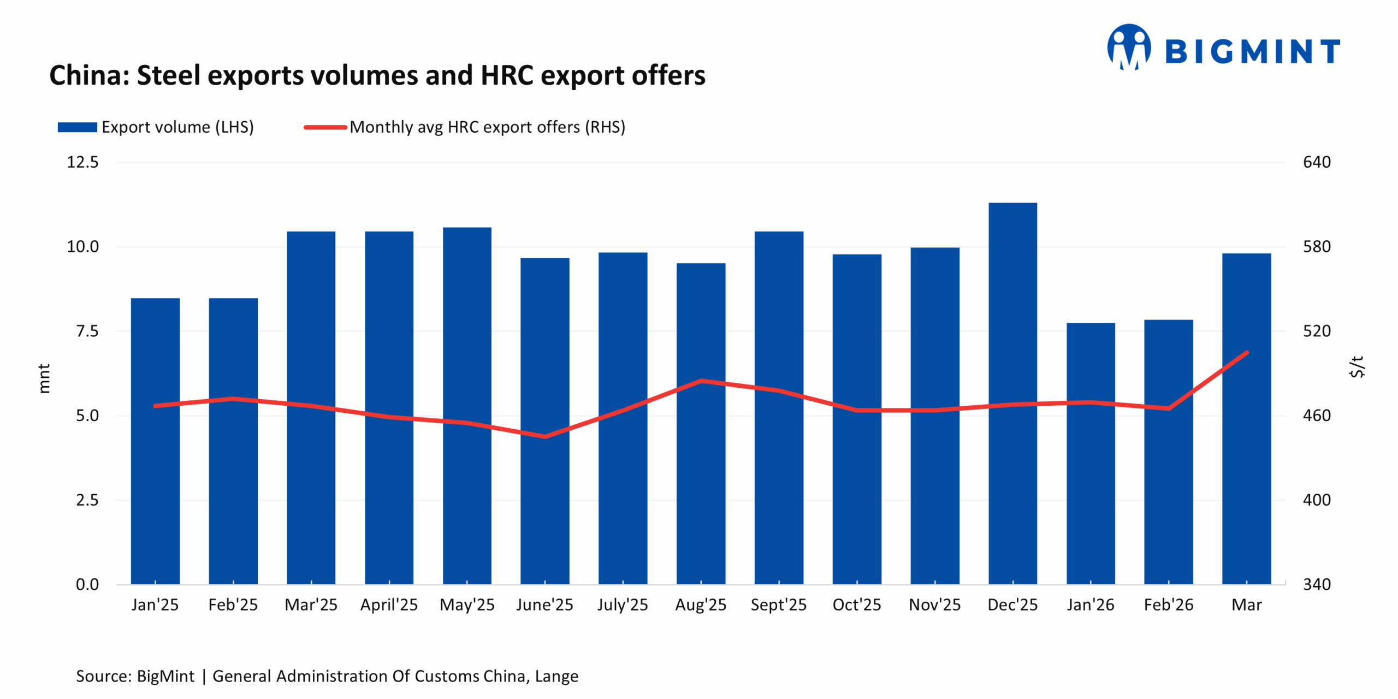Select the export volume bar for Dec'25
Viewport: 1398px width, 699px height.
tap(1012, 393)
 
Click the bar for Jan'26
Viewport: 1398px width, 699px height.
tap(1091, 453)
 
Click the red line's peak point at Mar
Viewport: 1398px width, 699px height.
tap(1247, 353)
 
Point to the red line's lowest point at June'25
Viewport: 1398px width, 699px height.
tap(545, 436)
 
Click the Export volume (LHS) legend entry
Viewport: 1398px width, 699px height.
tap(156, 127)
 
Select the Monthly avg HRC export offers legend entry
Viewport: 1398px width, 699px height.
tap(464, 127)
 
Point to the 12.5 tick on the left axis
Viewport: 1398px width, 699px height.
tap(82, 162)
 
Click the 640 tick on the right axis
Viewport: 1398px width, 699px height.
tap(1317, 162)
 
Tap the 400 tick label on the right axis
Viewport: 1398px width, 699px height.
tap(1317, 500)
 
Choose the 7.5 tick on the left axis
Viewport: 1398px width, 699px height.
tap(87, 331)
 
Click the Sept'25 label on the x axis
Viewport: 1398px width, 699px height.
tap(778, 605)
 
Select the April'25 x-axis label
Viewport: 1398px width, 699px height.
tap(389, 605)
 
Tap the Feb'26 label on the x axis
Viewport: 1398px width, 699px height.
tap(1169, 605)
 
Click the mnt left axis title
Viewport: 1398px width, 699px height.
tap(44, 378)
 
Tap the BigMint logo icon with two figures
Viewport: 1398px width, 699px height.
tap(1129, 47)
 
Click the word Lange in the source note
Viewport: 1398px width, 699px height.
tap(556, 676)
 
